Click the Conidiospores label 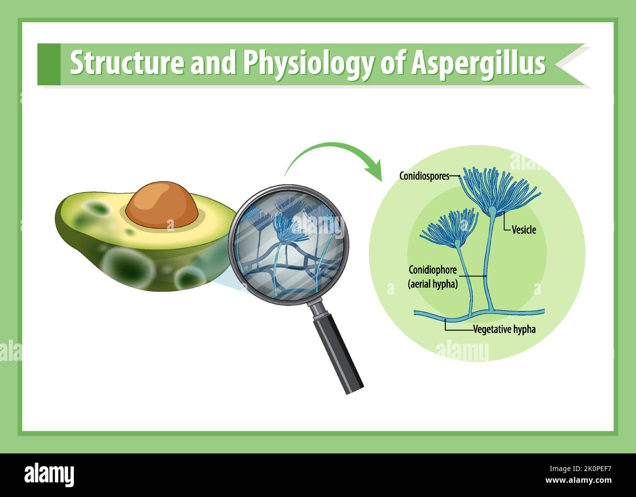(424, 176)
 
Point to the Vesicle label (523, 230)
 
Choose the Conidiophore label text (432, 270)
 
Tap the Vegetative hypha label (504, 330)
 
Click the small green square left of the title (48, 64)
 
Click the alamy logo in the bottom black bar (49, 474)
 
